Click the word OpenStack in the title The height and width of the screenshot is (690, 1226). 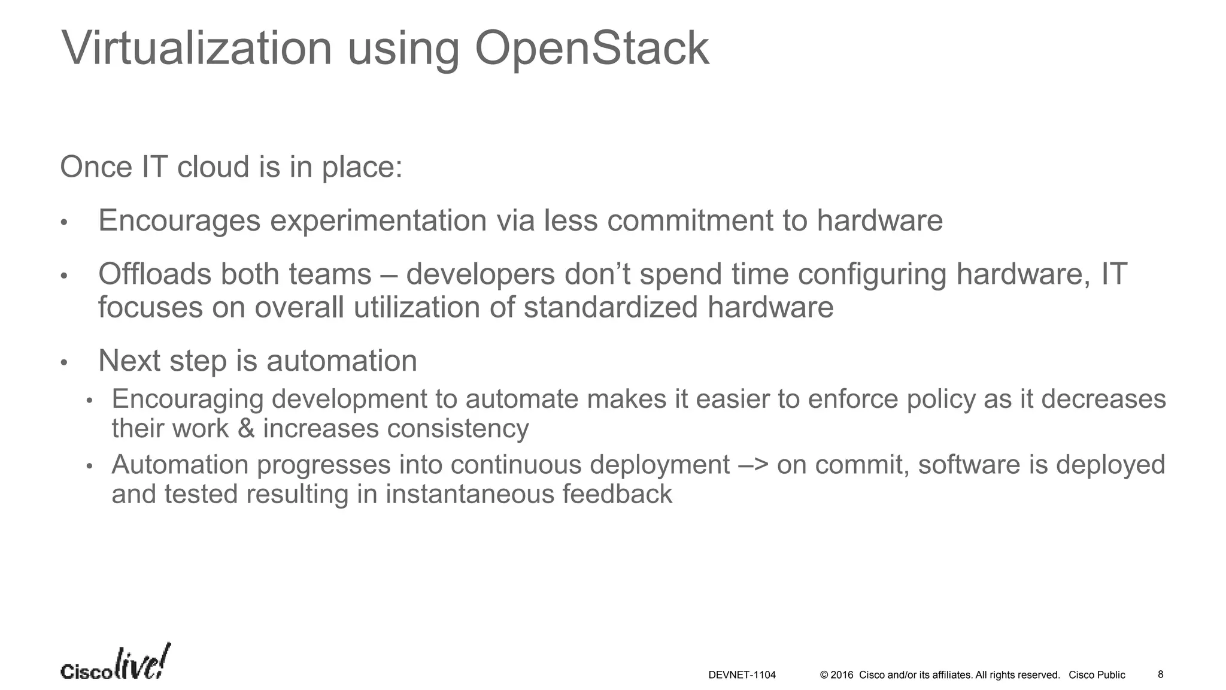click(x=591, y=49)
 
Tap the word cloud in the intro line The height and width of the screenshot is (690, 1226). click(x=213, y=167)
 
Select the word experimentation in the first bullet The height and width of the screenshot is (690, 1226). click(x=378, y=220)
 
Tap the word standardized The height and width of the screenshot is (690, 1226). click(x=610, y=307)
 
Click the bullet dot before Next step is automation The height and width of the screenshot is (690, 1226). click(x=64, y=363)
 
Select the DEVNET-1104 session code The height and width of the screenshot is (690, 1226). click(x=742, y=675)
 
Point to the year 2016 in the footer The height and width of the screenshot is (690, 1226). click(x=842, y=675)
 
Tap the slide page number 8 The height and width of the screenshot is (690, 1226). click(x=1160, y=674)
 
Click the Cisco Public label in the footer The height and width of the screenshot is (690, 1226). click(x=1097, y=675)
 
